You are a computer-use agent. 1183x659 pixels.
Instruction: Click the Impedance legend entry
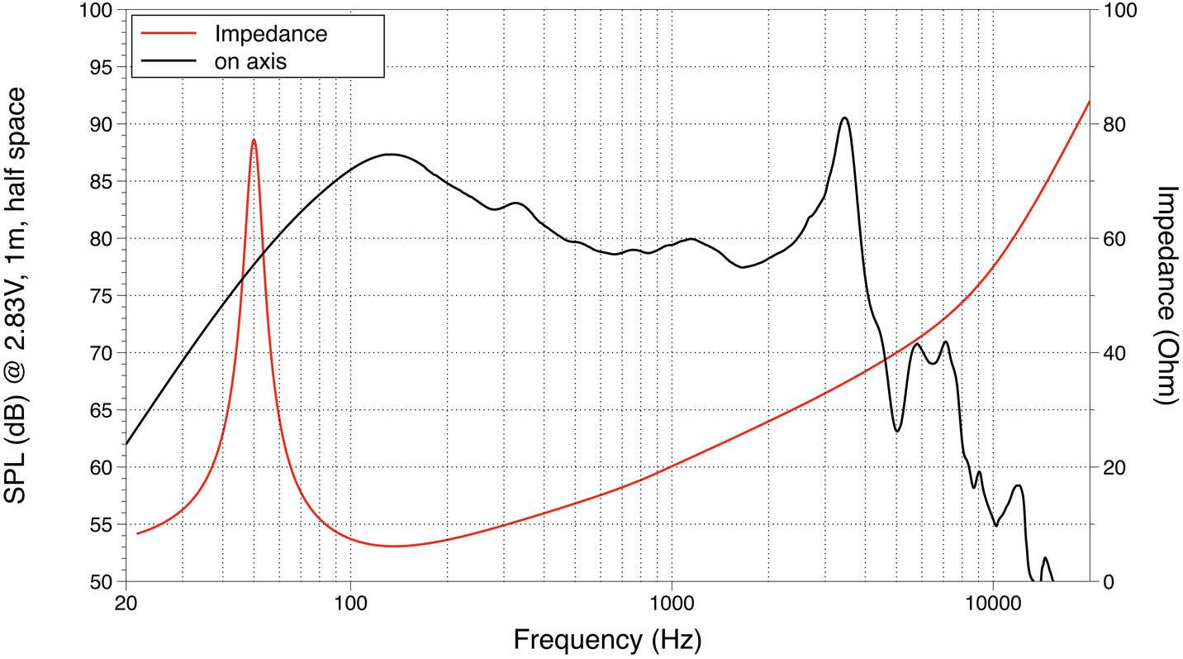270,34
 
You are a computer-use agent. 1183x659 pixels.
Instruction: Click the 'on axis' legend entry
250,60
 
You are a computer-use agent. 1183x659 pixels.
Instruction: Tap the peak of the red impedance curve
254,140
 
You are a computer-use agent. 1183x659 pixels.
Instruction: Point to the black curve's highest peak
843,117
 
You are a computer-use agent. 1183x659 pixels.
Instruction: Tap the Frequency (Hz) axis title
607,639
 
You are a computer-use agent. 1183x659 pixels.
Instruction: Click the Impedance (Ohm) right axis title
1165,294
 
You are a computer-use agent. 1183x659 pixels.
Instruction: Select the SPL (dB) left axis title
18,294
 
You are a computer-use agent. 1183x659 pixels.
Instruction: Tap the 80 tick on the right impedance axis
1114,124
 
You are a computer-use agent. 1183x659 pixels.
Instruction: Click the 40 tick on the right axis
1114,353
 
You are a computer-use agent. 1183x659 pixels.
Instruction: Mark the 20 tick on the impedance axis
1114,467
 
